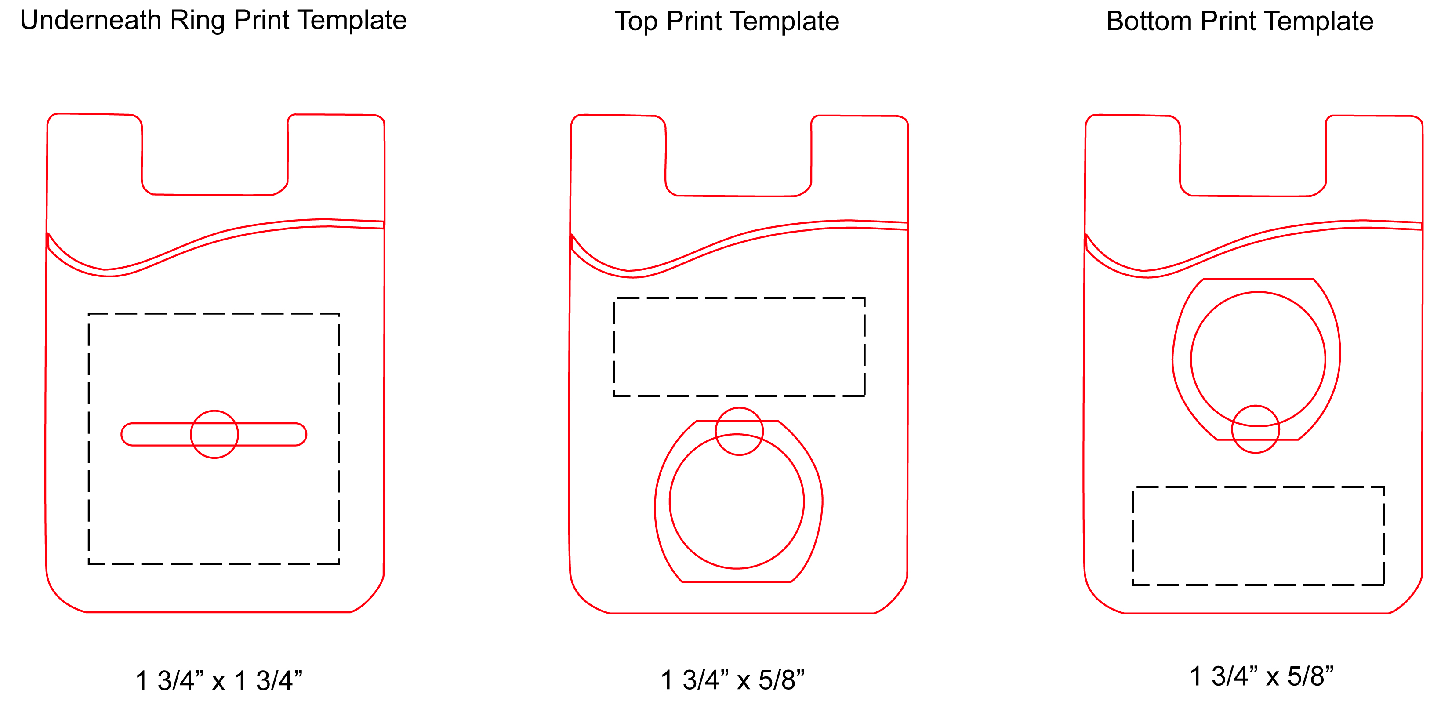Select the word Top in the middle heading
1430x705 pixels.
[636, 22]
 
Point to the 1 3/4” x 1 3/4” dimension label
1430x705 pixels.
[219, 680]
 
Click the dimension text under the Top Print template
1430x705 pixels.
[732, 680]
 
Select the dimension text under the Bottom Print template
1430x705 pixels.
[1261, 677]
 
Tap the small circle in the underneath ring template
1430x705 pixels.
[214, 434]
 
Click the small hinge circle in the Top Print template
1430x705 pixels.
[739, 431]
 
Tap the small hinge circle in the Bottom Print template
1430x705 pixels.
[1255, 429]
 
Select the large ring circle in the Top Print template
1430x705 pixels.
[737, 501]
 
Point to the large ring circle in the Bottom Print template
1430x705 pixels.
[1258, 359]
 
